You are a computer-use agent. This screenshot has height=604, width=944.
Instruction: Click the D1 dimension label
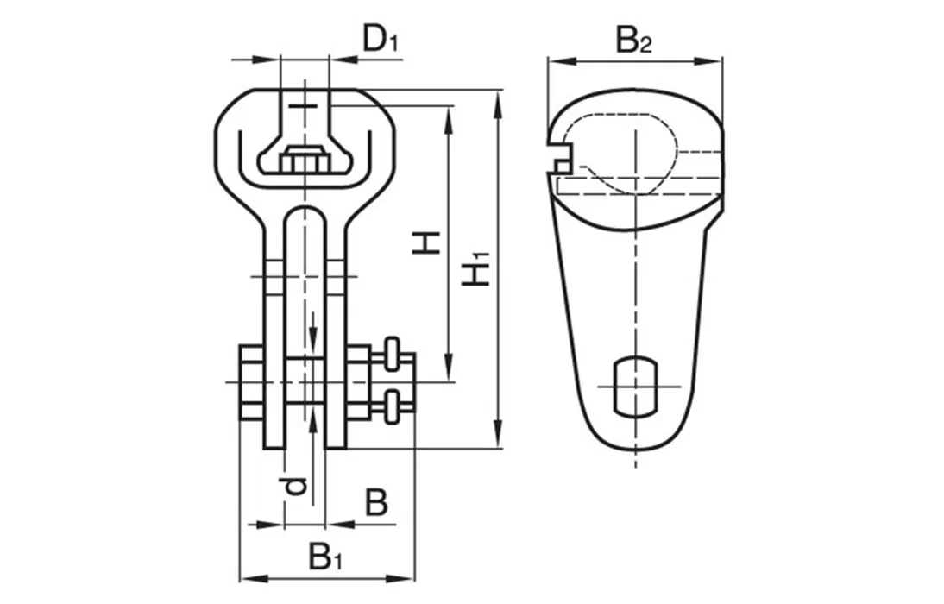(381, 41)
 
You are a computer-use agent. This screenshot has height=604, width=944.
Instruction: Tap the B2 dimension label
(633, 41)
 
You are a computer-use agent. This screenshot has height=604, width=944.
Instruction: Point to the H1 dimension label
(476, 268)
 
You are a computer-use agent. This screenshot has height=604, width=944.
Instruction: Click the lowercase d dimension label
(295, 486)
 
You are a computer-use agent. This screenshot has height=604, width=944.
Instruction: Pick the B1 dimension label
(325, 557)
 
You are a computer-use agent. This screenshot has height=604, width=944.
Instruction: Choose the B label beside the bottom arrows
(376, 502)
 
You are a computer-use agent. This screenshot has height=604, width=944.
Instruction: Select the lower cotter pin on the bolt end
(393, 406)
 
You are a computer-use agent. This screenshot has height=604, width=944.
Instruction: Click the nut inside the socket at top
(304, 161)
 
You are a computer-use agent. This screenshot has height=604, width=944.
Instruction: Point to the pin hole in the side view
(637, 383)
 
